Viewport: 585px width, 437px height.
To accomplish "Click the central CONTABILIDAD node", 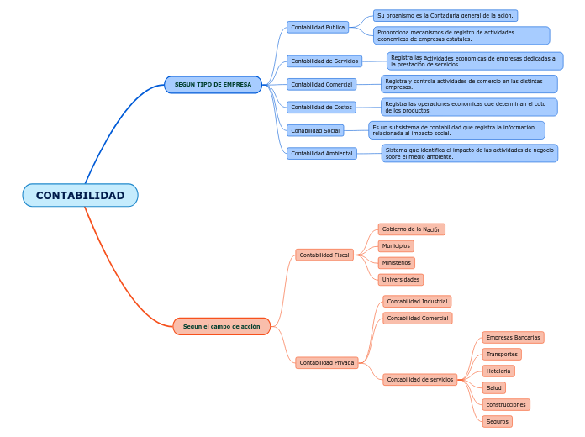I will (x=80, y=195).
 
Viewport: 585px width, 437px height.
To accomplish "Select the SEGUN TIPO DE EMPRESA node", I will (x=213, y=84).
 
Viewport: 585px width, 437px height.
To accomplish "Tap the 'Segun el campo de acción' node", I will (x=222, y=326).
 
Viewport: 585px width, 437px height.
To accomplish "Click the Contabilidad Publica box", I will (x=318, y=27).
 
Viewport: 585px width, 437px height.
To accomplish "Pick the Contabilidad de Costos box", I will (x=321, y=107).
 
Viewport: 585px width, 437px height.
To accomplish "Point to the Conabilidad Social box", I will (x=315, y=130).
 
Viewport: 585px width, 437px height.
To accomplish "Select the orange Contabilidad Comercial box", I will (x=417, y=318).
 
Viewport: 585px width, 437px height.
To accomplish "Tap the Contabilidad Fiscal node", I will (x=324, y=254).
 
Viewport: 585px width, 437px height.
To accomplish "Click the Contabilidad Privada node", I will (x=327, y=362).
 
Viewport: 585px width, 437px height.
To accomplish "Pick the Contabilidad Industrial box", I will (x=417, y=301).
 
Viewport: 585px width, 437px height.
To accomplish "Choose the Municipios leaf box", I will (x=395, y=245).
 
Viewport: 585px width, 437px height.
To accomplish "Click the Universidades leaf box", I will (x=400, y=279).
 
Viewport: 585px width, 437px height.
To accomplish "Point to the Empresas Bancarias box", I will (x=513, y=337).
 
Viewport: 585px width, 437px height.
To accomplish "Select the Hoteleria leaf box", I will (x=498, y=371).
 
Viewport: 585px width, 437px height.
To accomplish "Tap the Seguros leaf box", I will (x=497, y=421).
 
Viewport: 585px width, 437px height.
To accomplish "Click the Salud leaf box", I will (x=493, y=387).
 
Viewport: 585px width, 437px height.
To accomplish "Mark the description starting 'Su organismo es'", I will (x=445, y=15).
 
